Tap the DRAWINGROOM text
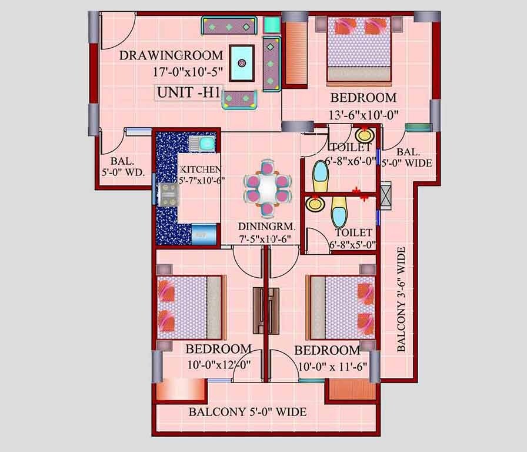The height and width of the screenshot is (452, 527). click(x=171, y=56)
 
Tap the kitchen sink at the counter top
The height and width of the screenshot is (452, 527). click(x=206, y=143)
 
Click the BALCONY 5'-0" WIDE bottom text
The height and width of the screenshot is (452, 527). click(x=248, y=411)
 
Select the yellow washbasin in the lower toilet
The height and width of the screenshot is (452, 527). click(x=315, y=204)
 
